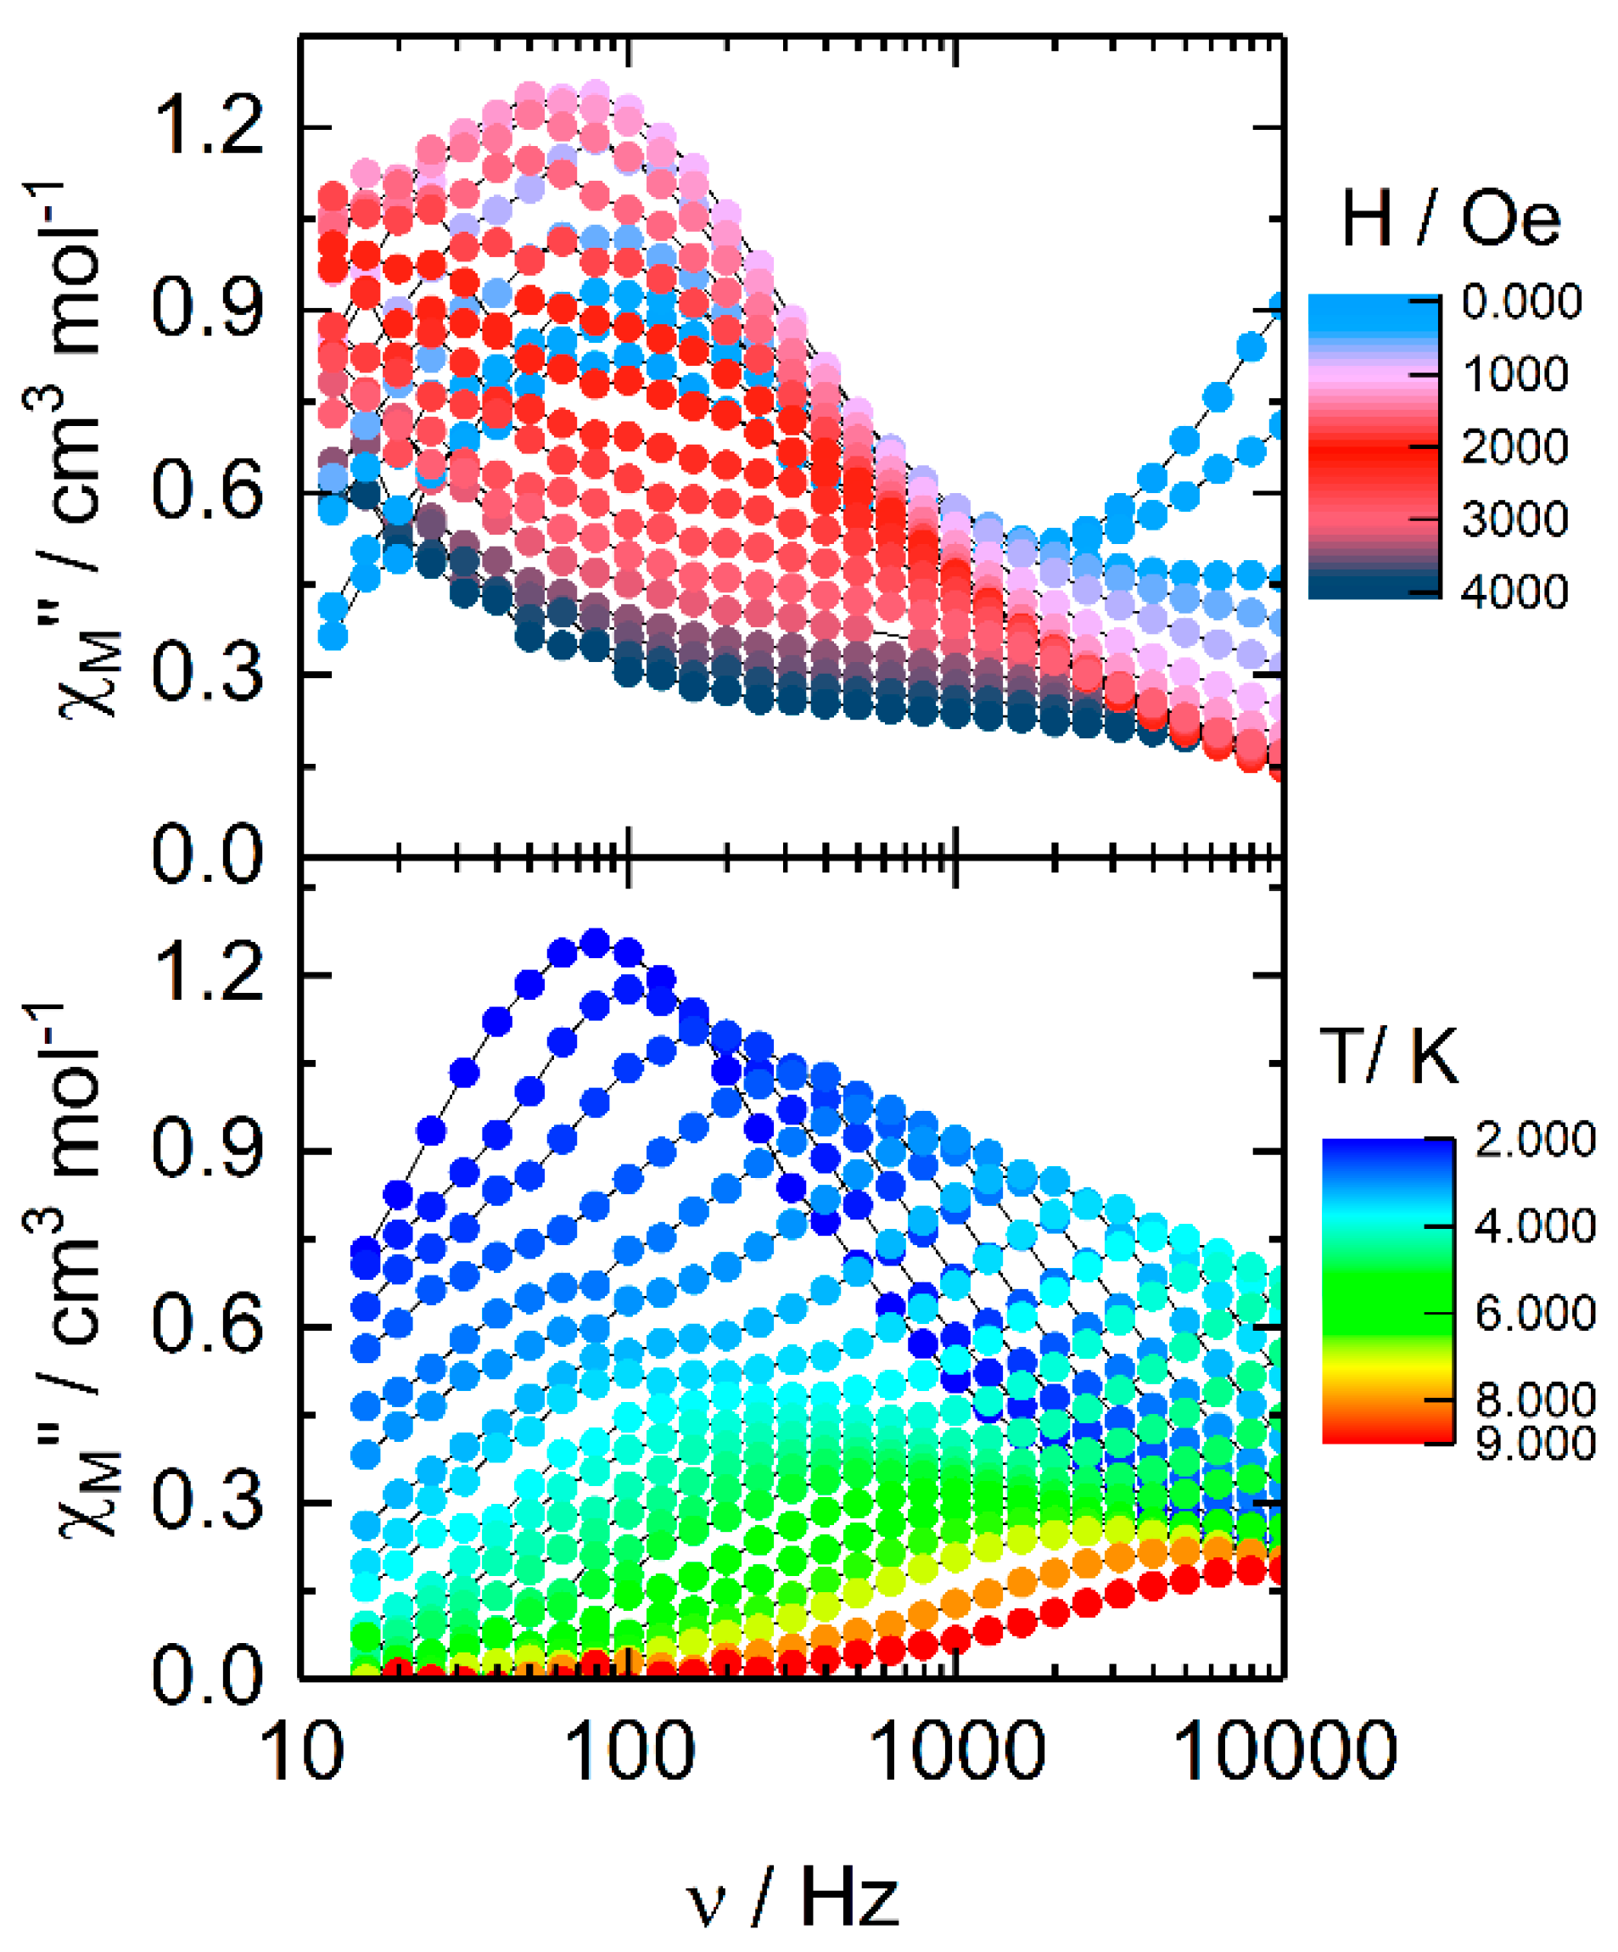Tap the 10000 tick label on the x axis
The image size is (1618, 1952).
click(x=1285, y=1750)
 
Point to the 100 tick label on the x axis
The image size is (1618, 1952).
click(x=630, y=1750)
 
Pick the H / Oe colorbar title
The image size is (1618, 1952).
click(x=1450, y=221)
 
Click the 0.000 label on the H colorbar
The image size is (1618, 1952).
click(x=1521, y=302)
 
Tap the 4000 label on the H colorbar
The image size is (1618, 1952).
click(x=1514, y=592)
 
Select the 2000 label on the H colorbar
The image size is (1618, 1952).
click(x=1514, y=447)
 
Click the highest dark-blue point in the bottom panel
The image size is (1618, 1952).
click(x=595, y=944)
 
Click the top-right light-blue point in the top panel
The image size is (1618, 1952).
click(x=1280, y=306)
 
